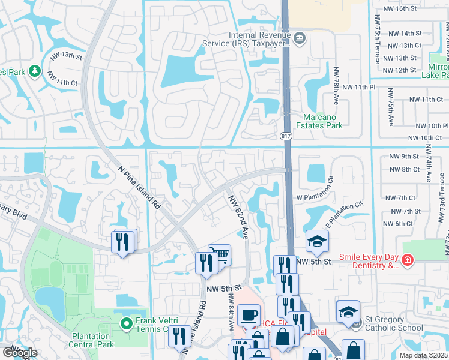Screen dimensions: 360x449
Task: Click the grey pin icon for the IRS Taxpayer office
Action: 300,39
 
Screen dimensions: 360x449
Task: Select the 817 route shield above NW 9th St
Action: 286,136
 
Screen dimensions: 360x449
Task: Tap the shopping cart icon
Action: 220,255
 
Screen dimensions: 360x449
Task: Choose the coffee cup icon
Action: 249,314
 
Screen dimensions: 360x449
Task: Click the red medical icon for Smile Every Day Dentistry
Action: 408,260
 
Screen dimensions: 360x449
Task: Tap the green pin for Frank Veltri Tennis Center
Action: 126,325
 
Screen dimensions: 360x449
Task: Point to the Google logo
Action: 20,353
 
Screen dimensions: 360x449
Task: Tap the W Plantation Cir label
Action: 316,196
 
